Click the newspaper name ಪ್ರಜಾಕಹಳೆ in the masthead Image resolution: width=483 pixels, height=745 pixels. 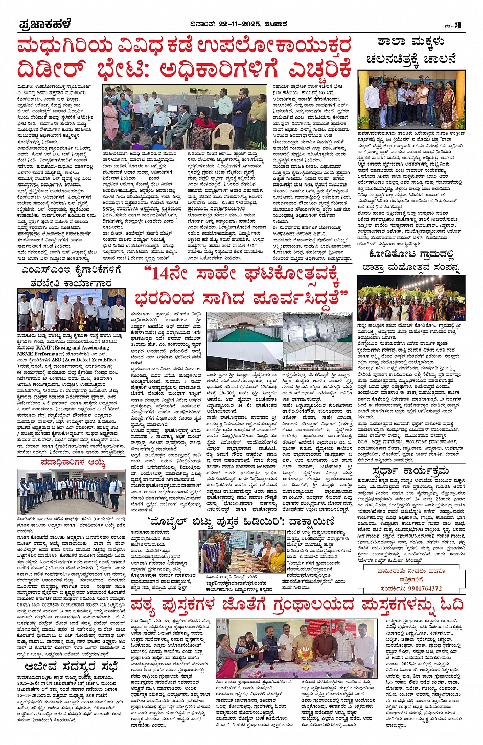44,24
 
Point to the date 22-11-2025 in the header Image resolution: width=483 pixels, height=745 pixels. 240,24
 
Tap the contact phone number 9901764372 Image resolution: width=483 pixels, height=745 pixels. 422,588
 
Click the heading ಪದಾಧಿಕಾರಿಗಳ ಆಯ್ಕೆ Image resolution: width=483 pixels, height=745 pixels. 74,463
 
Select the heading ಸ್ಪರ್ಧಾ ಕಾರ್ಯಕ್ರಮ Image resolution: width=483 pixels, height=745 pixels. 411,470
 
